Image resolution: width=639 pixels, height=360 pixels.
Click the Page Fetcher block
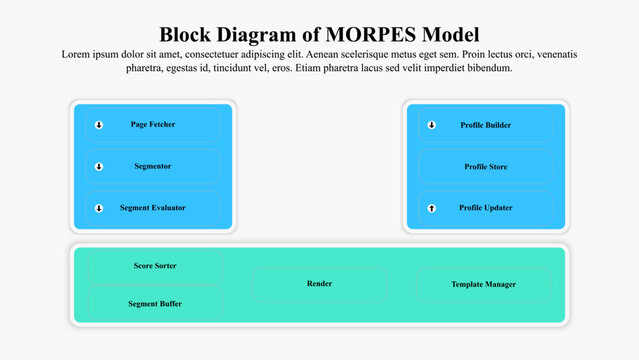[x=153, y=125]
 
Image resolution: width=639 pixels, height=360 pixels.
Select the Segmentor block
[x=153, y=167]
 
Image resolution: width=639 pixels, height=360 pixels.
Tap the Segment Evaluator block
[x=153, y=208]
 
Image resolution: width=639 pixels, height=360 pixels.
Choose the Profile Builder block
[x=486, y=125]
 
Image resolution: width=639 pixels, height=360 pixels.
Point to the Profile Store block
[x=486, y=167]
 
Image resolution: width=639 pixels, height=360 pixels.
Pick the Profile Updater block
[x=486, y=208]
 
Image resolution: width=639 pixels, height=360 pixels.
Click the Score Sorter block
[x=155, y=266]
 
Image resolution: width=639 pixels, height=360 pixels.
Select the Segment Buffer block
[x=155, y=303]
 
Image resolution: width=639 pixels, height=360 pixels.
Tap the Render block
[x=319, y=284]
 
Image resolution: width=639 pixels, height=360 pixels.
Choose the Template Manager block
[x=484, y=284]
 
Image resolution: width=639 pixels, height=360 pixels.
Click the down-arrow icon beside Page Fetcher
[x=99, y=125]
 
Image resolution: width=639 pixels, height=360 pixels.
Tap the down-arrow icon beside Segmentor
[x=99, y=167]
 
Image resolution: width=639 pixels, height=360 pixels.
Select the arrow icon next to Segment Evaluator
[x=99, y=208]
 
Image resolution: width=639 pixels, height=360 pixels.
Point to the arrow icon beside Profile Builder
[x=432, y=125]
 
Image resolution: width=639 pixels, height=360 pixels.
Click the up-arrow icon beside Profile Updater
[x=432, y=208]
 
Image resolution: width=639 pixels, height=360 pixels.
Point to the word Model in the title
[x=451, y=34]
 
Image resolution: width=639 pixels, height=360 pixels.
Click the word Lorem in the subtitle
[x=77, y=54]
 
